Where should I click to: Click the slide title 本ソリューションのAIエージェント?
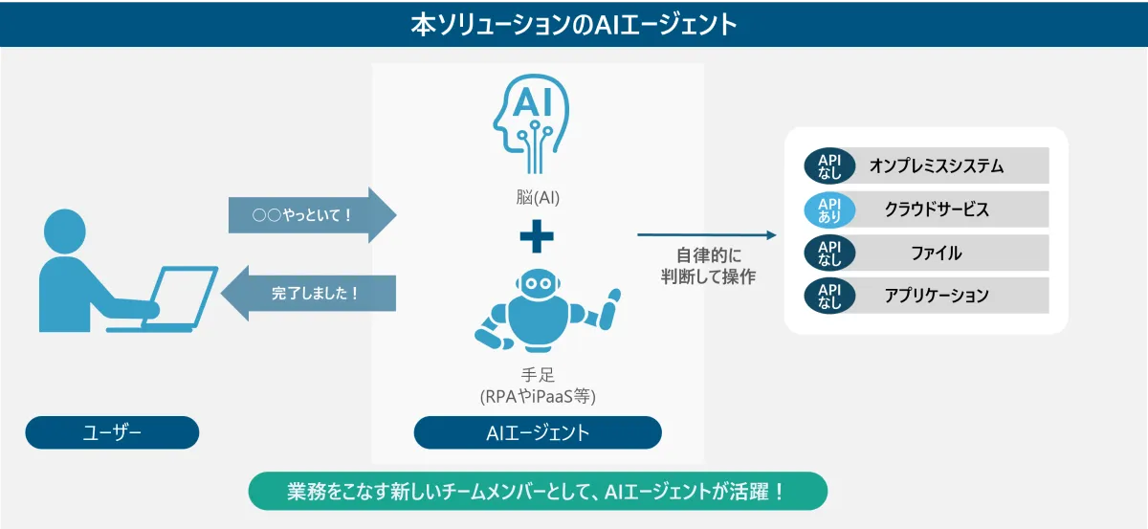[x=574, y=24]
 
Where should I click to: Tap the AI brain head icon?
[x=532, y=123]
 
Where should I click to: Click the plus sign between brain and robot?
[x=537, y=236]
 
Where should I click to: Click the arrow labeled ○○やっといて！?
[x=312, y=215]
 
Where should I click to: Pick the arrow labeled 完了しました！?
[x=308, y=294]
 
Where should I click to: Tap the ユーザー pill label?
[x=112, y=432]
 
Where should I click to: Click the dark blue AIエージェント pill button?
[x=538, y=432]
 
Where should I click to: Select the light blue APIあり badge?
[x=829, y=209]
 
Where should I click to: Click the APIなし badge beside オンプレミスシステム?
[x=829, y=166]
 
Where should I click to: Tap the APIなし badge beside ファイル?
[x=829, y=253]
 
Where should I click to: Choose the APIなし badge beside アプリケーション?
[x=829, y=296]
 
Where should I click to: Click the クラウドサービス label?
[x=937, y=209]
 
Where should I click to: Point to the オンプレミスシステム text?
[x=937, y=166]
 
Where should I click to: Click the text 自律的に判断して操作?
[x=708, y=266]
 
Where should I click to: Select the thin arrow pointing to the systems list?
[x=707, y=234]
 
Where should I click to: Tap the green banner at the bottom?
[x=538, y=491]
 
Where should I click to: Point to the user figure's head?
[x=65, y=231]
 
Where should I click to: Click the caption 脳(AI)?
[x=538, y=197]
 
